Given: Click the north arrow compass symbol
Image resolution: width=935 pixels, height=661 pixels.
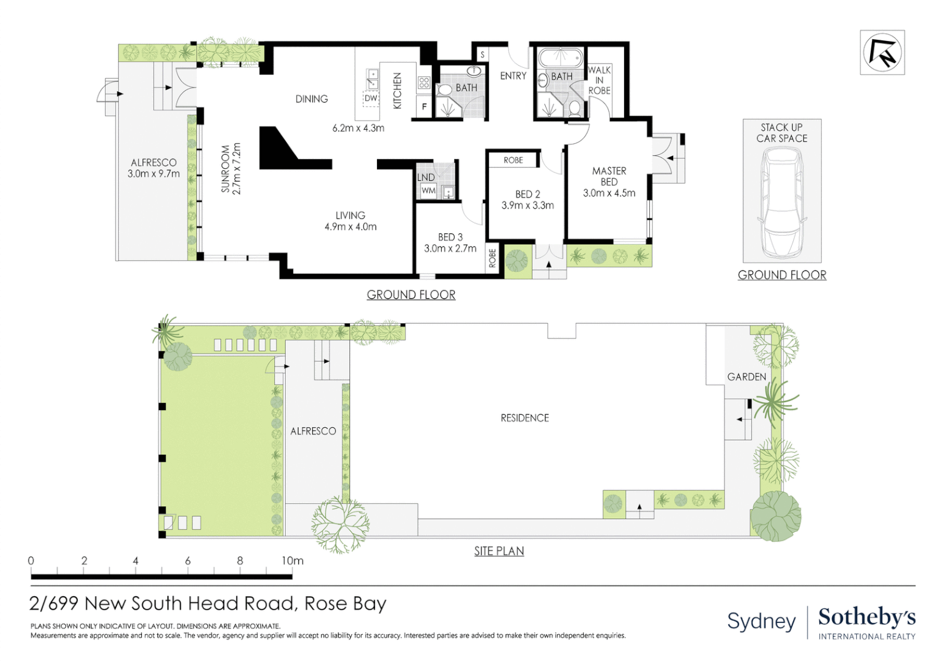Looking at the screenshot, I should pyautogui.click(x=882, y=53).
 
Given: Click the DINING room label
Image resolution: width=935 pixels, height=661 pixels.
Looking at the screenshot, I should pyautogui.click(x=311, y=99).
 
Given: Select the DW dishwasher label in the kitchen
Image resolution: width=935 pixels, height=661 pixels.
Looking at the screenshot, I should pyautogui.click(x=371, y=98).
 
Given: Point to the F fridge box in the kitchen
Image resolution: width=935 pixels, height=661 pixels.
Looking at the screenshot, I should pyautogui.click(x=424, y=106).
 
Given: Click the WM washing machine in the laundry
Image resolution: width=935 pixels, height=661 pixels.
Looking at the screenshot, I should pyautogui.click(x=428, y=191).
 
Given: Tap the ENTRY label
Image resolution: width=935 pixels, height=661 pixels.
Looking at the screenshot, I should pyautogui.click(x=513, y=76).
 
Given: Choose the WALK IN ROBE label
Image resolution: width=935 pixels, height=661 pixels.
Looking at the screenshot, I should pyautogui.click(x=599, y=80).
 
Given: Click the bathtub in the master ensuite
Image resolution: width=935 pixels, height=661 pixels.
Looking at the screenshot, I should pyautogui.click(x=559, y=58).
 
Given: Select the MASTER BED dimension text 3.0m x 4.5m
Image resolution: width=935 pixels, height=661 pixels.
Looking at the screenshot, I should pyautogui.click(x=609, y=193).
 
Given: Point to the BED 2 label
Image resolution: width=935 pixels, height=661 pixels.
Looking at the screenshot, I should pyautogui.click(x=527, y=194).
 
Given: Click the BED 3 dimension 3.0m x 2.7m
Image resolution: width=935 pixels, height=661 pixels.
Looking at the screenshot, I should pyautogui.click(x=450, y=248).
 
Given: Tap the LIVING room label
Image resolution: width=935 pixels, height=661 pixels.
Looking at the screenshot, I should pyautogui.click(x=350, y=215).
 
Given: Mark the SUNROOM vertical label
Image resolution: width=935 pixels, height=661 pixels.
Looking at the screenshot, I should pyautogui.click(x=226, y=169).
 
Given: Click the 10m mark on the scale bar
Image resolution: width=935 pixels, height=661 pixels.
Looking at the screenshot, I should pyautogui.click(x=292, y=561).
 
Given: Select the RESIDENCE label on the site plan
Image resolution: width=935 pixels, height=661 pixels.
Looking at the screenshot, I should pyautogui.click(x=524, y=418).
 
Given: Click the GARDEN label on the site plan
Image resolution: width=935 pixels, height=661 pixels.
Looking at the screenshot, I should pyautogui.click(x=746, y=377).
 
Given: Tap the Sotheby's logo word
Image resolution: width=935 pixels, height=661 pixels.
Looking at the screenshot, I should pyautogui.click(x=866, y=617).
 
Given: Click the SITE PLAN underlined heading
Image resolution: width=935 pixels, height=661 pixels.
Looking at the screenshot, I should pyautogui.click(x=499, y=551).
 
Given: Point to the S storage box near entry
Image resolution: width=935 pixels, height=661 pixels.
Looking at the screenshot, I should pyautogui.click(x=482, y=55).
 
